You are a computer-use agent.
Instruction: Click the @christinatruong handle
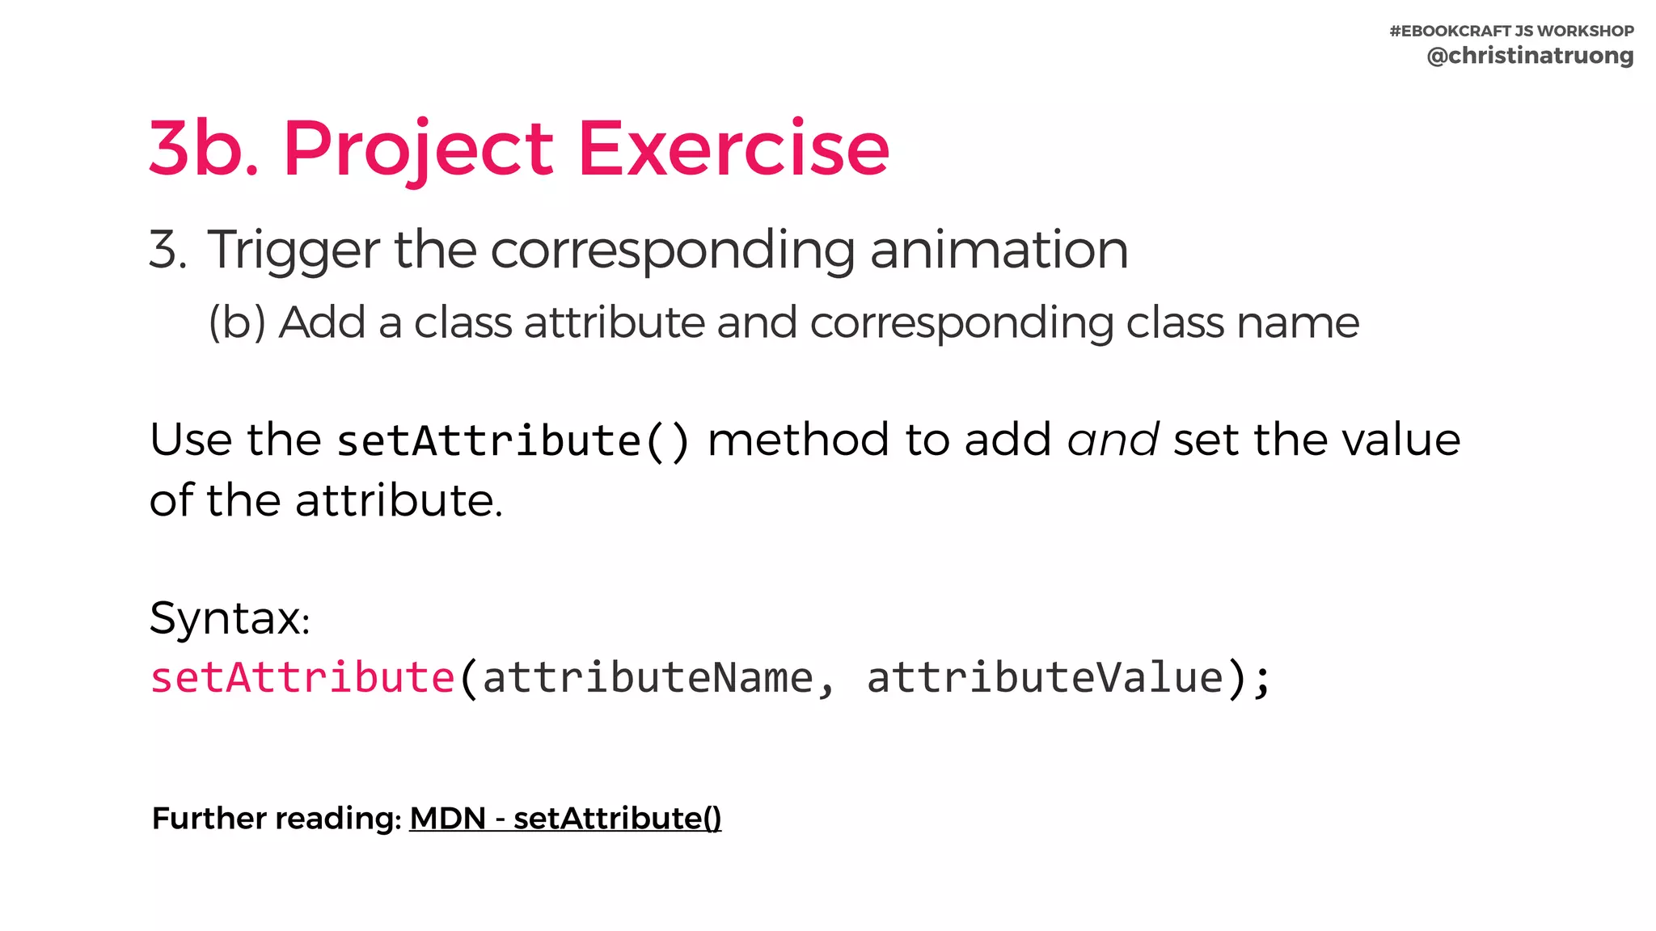(1530, 56)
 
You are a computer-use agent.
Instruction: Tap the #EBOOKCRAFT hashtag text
(1450, 31)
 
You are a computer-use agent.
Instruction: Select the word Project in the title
(417, 150)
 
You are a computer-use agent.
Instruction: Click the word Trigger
(293, 250)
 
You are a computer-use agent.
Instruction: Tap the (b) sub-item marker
(236, 322)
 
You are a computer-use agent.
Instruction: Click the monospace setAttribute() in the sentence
(513, 441)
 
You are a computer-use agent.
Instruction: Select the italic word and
(1113, 440)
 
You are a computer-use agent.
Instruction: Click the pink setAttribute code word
(302, 677)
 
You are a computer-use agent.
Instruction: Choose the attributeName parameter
(648, 677)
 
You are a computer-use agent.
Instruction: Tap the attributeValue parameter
(1045, 677)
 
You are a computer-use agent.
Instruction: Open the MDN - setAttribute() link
(565, 819)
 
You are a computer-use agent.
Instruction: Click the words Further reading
(275, 819)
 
